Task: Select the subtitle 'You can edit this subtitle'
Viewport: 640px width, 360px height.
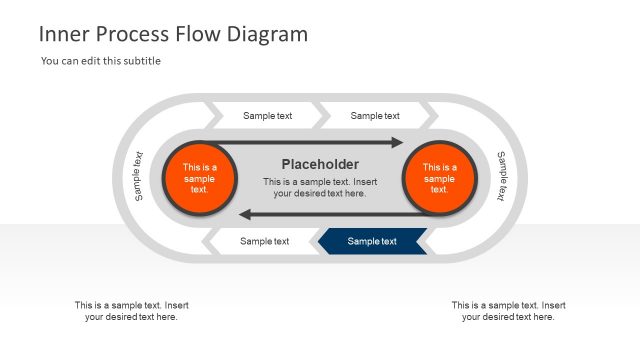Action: pyautogui.click(x=101, y=61)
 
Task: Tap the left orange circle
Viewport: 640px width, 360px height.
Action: pyautogui.click(x=199, y=178)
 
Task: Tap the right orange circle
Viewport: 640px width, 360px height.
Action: pyautogui.click(x=439, y=178)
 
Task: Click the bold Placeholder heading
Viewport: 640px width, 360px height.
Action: pyautogui.click(x=320, y=164)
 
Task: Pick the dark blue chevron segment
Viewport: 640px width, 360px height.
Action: pyautogui.click(x=371, y=241)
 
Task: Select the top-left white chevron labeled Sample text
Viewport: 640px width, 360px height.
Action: pyautogui.click(x=267, y=116)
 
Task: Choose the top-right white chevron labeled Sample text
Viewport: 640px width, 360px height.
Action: pyautogui.click(x=375, y=116)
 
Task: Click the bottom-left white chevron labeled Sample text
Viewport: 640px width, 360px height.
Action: pyautogui.click(x=264, y=241)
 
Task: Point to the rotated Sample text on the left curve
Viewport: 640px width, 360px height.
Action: pyautogui.click(x=138, y=176)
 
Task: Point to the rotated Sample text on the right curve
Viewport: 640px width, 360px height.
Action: pyautogui.click(x=502, y=176)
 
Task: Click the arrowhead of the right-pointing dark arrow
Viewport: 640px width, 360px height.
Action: pyautogui.click(x=397, y=143)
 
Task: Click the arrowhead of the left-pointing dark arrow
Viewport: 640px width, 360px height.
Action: pyautogui.click(x=244, y=213)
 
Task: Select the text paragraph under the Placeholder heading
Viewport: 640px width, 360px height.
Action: pyautogui.click(x=320, y=187)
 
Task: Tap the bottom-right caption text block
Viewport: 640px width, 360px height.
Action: pyautogui.click(x=508, y=311)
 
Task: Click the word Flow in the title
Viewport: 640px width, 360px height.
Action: pyautogui.click(x=194, y=34)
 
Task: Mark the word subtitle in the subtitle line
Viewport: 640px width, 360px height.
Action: pyautogui.click(x=140, y=61)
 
